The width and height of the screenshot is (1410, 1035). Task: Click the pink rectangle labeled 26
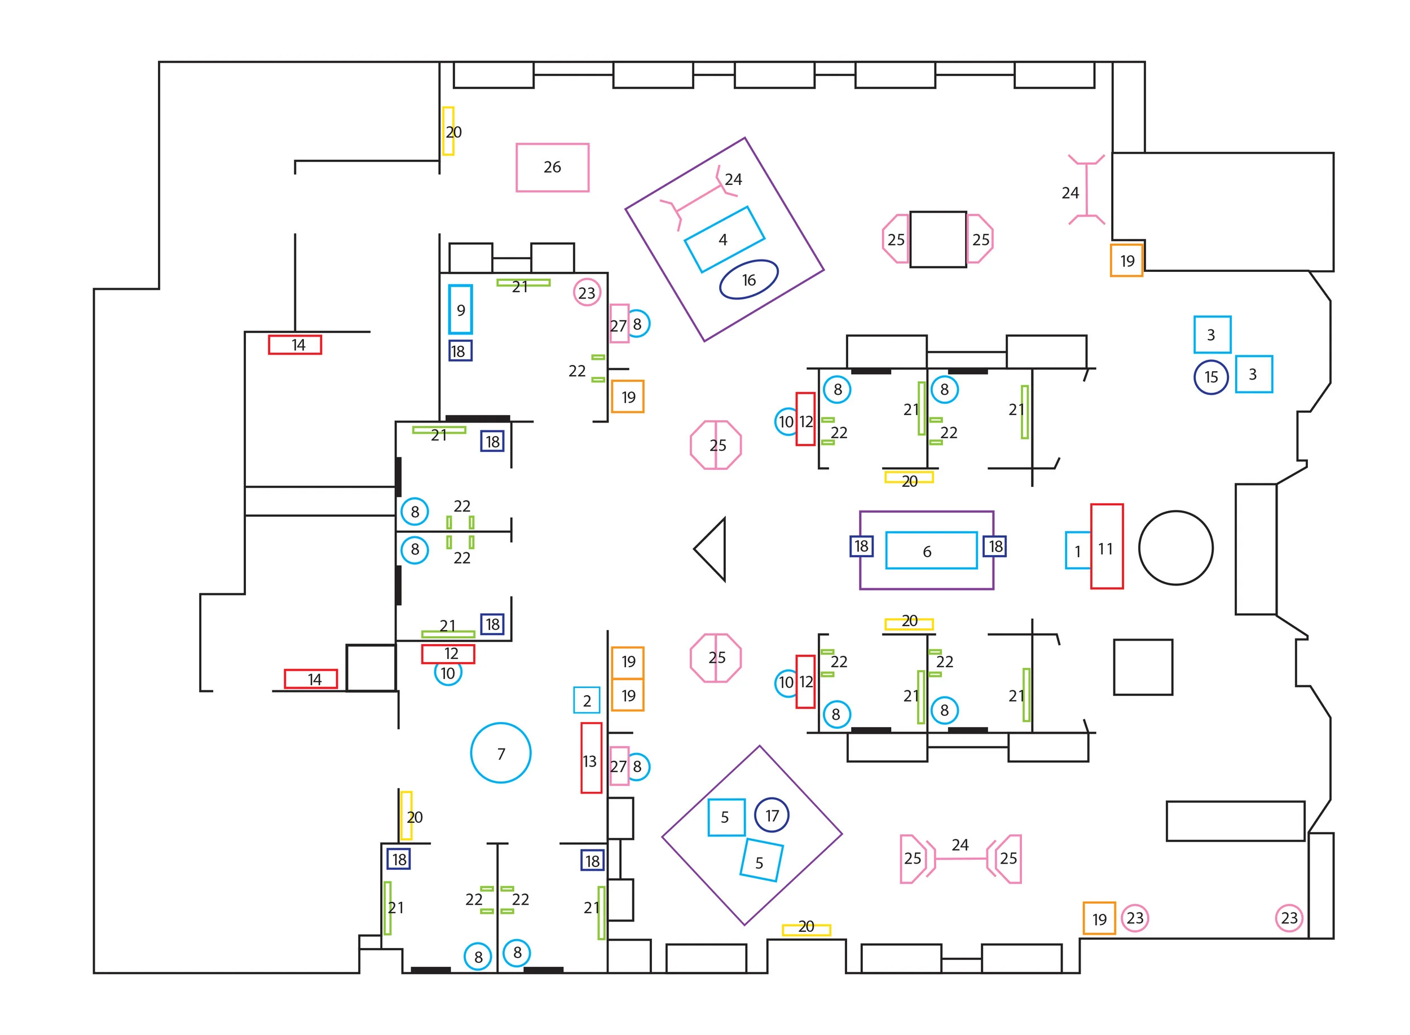click(x=552, y=168)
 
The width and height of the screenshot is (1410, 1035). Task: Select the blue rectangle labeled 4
click(x=724, y=239)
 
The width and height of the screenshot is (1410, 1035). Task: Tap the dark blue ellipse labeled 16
click(x=748, y=279)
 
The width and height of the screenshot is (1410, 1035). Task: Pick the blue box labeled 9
click(x=460, y=310)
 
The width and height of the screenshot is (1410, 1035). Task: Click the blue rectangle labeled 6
click(x=931, y=550)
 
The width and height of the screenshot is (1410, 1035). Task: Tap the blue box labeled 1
click(x=1077, y=550)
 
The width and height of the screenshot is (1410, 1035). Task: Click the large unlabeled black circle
click(x=1175, y=548)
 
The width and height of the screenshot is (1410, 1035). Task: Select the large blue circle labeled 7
click(x=500, y=752)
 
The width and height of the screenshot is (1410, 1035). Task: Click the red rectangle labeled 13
click(x=591, y=757)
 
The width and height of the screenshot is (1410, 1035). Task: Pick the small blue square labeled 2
click(x=587, y=700)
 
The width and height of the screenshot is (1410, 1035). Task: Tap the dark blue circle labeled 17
click(x=771, y=815)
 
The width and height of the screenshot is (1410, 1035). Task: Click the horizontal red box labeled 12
click(x=448, y=654)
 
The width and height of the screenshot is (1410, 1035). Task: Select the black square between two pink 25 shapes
click(x=938, y=239)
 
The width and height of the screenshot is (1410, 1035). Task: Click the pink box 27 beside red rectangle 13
click(x=619, y=765)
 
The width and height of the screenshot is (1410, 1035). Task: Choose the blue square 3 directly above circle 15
click(x=1211, y=334)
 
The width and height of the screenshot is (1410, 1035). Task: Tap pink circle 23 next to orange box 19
click(x=1134, y=918)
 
